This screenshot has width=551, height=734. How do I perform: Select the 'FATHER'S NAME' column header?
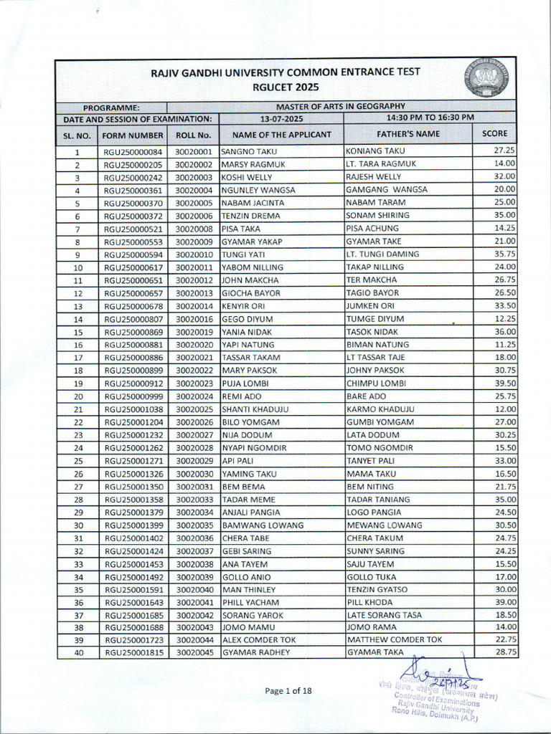408,134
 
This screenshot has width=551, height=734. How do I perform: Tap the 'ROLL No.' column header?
193,135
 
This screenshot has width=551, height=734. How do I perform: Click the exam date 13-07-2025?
282,118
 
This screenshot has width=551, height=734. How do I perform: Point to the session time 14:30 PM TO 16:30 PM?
430,118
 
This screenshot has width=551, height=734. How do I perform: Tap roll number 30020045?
194,652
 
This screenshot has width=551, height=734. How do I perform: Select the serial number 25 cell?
78,461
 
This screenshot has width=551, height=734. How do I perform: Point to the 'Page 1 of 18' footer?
288,691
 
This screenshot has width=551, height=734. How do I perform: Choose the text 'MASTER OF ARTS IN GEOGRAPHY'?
342,106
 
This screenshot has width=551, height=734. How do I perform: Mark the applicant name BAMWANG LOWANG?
263,525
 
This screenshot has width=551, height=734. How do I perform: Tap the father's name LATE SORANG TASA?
385,615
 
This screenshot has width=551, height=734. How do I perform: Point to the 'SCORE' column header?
494,133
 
